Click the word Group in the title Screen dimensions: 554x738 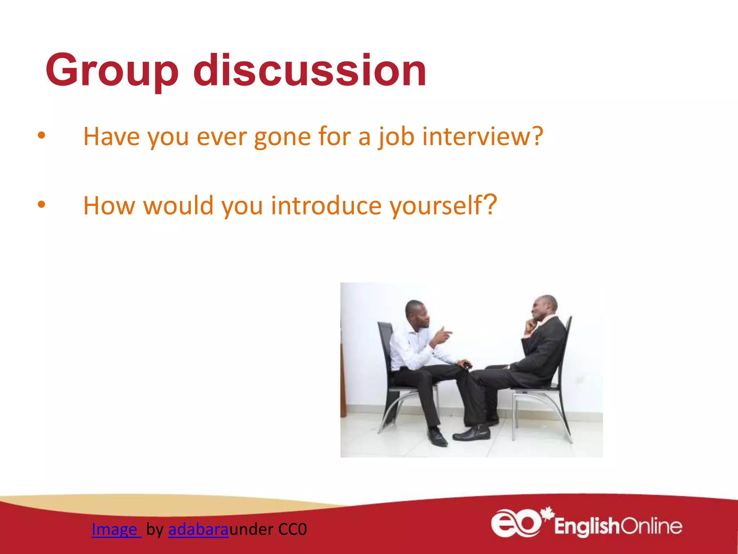[112, 70]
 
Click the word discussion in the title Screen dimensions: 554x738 [310, 70]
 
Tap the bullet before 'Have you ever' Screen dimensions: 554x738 [41, 136]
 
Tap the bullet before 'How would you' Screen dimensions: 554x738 [41, 205]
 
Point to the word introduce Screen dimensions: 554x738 [326, 206]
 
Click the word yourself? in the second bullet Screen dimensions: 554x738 [443, 206]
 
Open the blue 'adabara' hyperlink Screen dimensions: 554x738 [198, 529]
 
